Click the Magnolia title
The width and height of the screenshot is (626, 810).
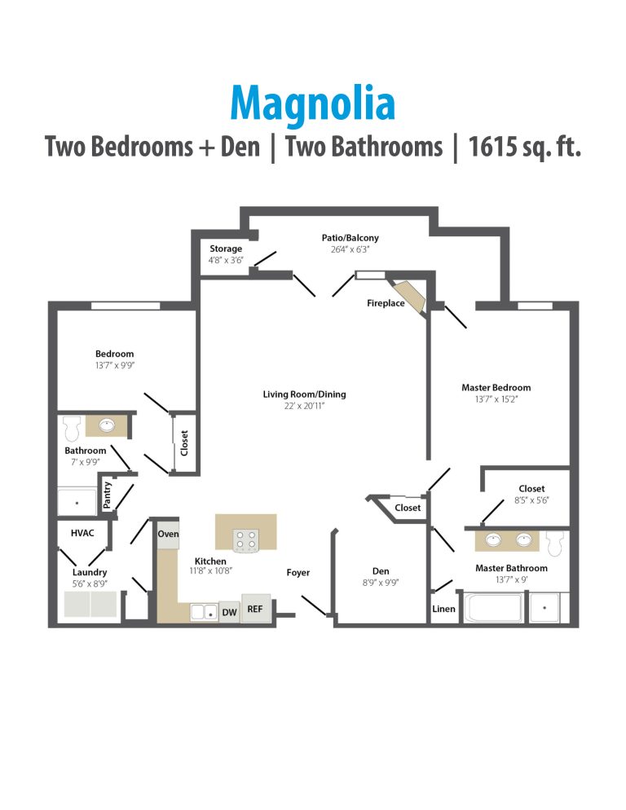click(313, 103)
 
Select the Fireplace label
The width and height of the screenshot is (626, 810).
click(386, 303)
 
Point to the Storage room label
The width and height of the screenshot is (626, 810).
click(226, 249)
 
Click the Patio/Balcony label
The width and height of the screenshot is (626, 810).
click(350, 238)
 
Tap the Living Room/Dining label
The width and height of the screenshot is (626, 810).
click(304, 394)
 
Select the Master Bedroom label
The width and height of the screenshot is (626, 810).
click(496, 388)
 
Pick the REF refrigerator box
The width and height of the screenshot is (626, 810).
click(256, 609)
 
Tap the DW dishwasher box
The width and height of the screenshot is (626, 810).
click(229, 612)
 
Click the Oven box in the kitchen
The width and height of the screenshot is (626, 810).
click(168, 534)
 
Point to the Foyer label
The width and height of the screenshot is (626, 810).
click(298, 573)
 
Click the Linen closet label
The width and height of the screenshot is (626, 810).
click(443, 609)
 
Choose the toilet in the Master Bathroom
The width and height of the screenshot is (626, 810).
click(557, 542)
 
